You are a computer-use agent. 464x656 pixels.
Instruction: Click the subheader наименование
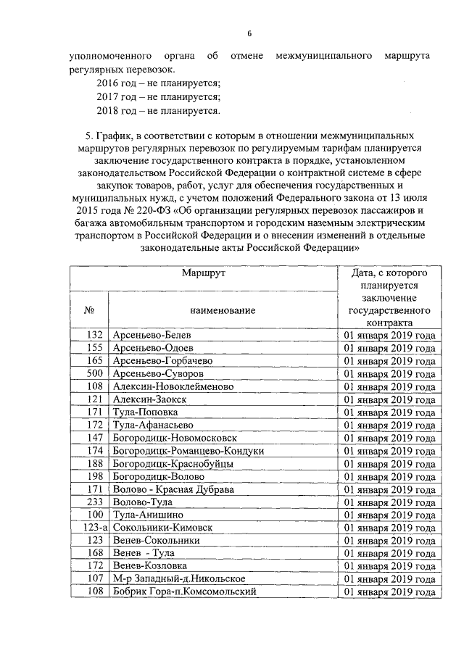(223, 310)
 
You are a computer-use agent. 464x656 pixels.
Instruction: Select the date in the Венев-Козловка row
(389, 565)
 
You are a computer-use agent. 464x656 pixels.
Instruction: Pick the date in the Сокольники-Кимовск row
(389, 527)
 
